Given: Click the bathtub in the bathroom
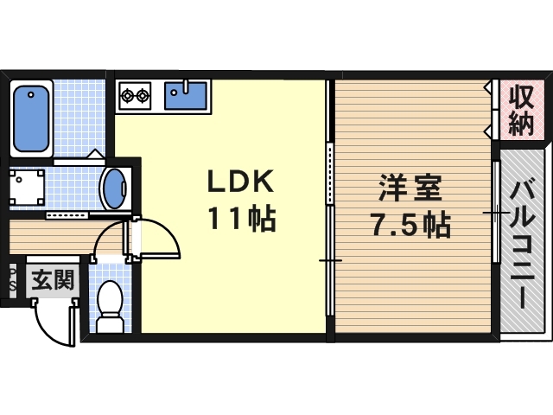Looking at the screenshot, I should click(x=32, y=117).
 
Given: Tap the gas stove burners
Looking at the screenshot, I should click(x=135, y=93).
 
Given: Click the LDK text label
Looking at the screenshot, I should click(x=239, y=183).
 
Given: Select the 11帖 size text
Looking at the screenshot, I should click(x=240, y=220).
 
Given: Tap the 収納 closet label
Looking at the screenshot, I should click(x=520, y=110).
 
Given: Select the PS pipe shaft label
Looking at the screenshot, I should click(x=11, y=278).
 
